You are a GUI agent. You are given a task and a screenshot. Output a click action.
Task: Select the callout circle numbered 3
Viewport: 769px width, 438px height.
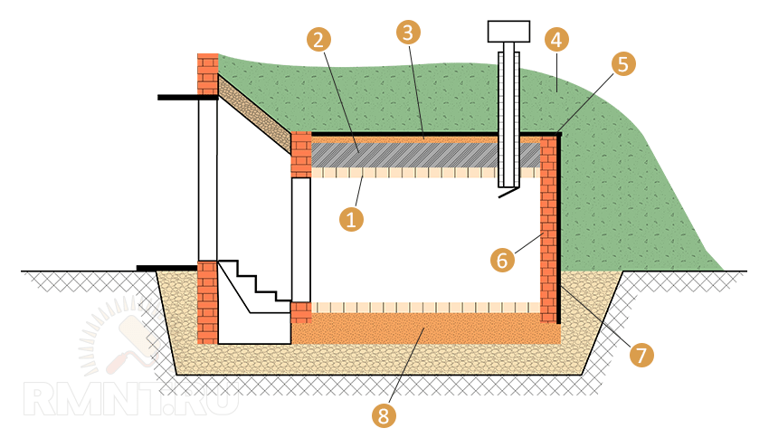coord(408,33)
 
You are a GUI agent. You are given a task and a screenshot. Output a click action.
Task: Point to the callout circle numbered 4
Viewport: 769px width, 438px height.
coord(555,39)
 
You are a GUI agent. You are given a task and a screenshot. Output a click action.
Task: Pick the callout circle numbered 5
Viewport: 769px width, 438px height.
coord(622,64)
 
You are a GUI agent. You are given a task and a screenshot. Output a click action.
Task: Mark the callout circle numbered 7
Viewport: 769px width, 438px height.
coord(640,355)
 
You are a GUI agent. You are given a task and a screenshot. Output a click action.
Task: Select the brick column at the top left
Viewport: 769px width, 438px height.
coord(208,71)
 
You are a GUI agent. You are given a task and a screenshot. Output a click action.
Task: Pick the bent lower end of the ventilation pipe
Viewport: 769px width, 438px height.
coord(509,192)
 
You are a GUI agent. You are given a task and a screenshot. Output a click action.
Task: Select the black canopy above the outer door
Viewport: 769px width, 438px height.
coord(187,97)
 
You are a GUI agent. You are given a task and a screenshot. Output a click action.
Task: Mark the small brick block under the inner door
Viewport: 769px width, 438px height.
coord(301,313)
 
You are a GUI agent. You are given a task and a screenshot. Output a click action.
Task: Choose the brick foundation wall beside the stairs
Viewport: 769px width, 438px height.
coord(207,303)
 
